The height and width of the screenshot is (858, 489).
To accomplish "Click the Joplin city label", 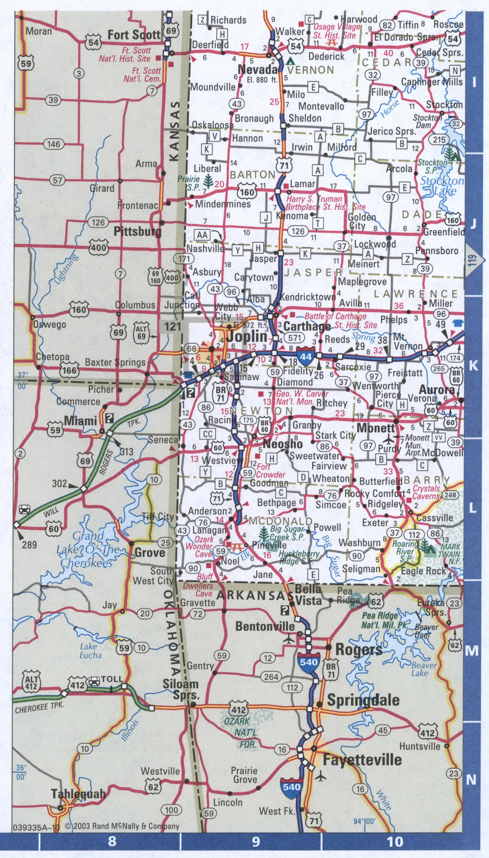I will pos(247,336).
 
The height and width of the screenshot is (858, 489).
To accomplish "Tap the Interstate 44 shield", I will pos(306,356).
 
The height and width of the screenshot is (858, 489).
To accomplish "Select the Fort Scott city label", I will pos(134,35).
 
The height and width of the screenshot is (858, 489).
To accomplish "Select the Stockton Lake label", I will pos(442,186).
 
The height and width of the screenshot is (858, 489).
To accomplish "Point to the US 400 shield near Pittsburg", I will pos(98,248).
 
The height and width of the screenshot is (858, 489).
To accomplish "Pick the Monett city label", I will pos(376,428).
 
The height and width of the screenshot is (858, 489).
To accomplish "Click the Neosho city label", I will pos(282,444).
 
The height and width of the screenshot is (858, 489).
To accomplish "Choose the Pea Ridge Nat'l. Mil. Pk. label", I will pos(385,621).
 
